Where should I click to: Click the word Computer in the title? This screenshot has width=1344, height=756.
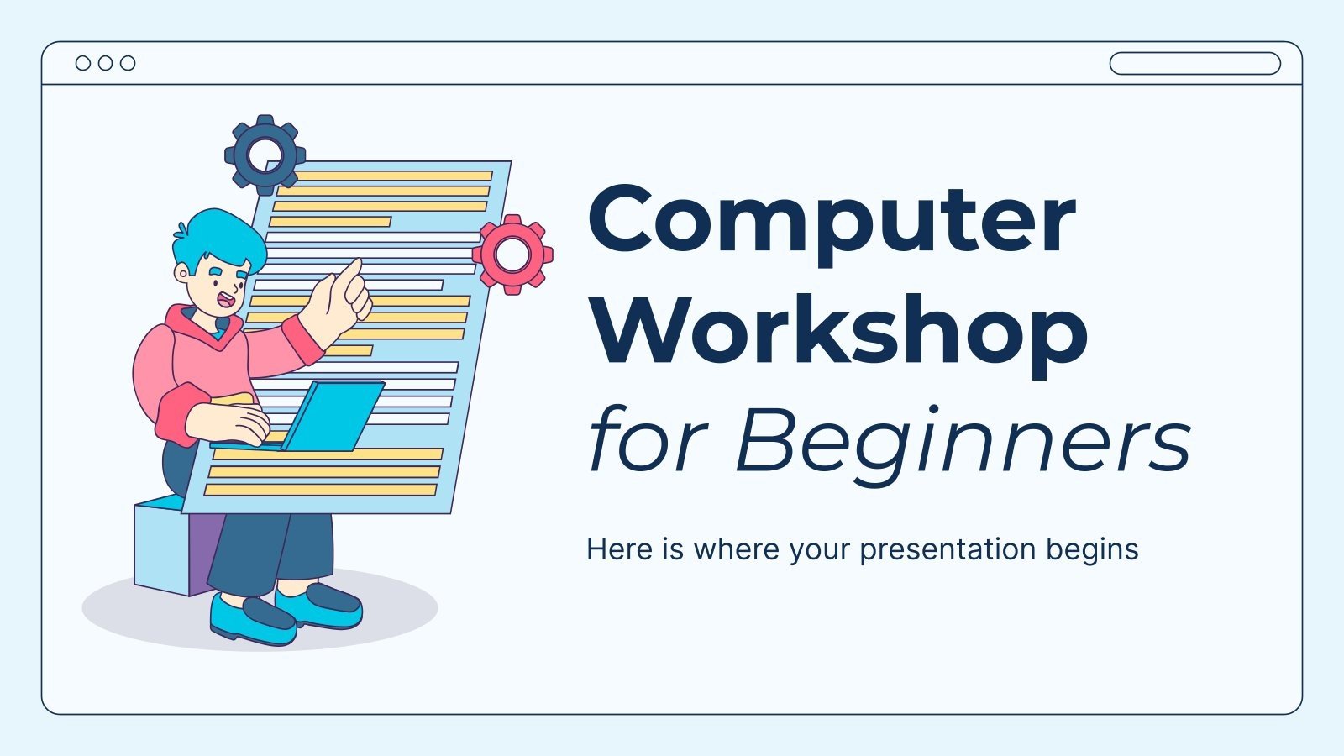pos(832,220)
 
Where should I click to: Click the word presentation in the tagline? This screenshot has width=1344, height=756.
pos(948,549)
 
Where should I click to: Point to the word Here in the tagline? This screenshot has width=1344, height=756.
pos(620,549)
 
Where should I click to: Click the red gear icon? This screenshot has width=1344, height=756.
pos(512,254)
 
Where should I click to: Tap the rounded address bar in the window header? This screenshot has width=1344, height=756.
pos(1194,63)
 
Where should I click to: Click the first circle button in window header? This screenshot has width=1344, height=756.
pos(83,63)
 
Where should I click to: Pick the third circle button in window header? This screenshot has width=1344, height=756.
pos(128,63)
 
